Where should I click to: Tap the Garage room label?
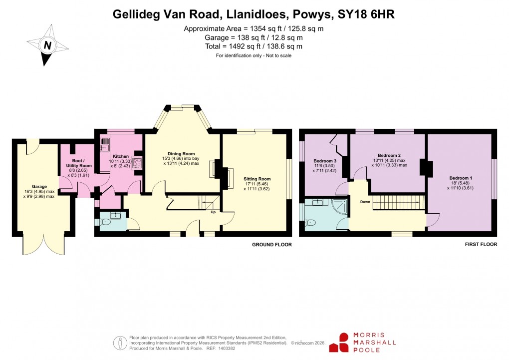[x=39, y=186]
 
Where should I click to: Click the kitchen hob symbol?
[x=136, y=163]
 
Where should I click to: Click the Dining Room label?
[x=181, y=154]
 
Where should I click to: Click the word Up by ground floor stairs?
[x=213, y=212]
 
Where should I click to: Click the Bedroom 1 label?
[x=460, y=178]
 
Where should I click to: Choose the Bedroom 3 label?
[x=325, y=161]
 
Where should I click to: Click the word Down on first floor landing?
[x=365, y=202]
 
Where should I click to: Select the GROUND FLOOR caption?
[x=272, y=245]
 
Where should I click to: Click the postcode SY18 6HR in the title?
[x=366, y=14]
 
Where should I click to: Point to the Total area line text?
[x=254, y=46]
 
